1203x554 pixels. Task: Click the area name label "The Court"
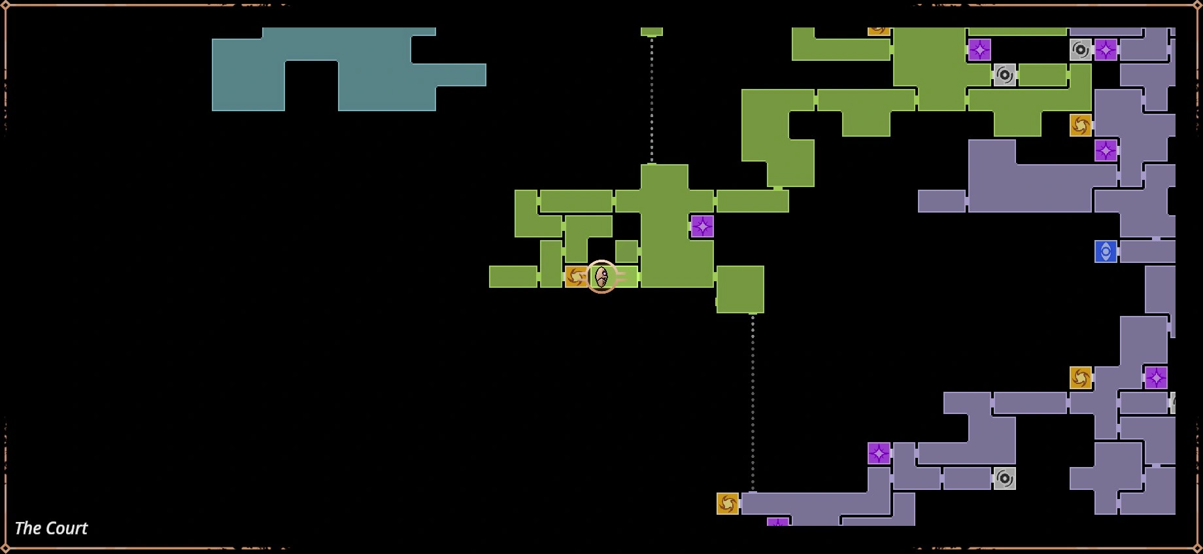(x=51, y=528)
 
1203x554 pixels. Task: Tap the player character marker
(x=601, y=277)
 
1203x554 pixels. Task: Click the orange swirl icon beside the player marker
(x=576, y=277)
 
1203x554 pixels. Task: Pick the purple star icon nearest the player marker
(x=702, y=226)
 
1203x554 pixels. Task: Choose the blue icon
(x=1106, y=252)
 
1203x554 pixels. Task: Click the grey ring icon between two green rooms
(x=1005, y=75)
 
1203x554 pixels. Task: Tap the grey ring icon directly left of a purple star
(x=1081, y=50)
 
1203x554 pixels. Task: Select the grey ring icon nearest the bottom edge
(x=1005, y=479)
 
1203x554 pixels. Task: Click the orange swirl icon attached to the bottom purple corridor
(x=728, y=504)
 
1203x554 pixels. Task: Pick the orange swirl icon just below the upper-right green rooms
(x=1081, y=125)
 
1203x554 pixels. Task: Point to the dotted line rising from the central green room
(x=652, y=98)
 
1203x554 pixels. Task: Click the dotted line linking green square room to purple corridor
(x=753, y=402)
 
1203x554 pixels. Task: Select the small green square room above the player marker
(x=626, y=251)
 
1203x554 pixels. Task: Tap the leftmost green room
(x=513, y=277)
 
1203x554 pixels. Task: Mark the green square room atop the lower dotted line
(x=740, y=289)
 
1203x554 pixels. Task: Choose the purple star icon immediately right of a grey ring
(x=1106, y=50)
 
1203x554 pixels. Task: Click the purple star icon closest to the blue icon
(x=1106, y=150)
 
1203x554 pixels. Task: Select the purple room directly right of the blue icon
(x=1147, y=252)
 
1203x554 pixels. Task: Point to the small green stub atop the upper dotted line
(x=652, y=31)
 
